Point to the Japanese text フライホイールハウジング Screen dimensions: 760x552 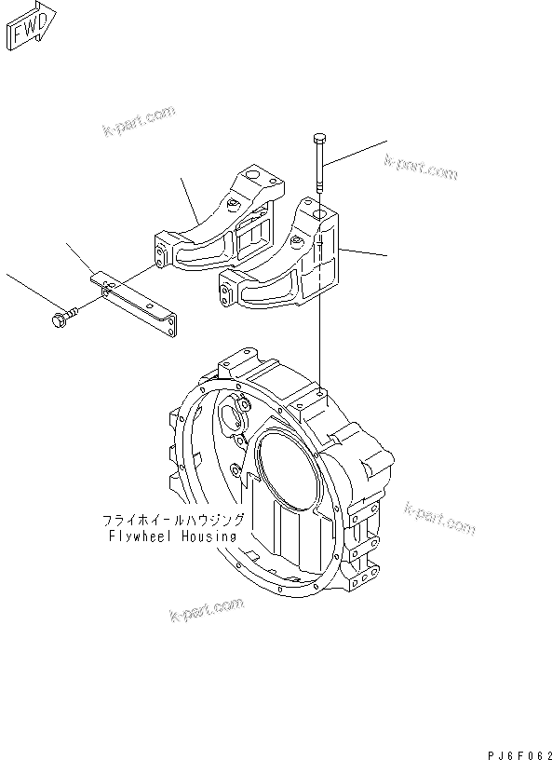pyautogui.click(x=171, y=520)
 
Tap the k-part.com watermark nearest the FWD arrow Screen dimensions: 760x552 pyautogui.click(x=139, y=121)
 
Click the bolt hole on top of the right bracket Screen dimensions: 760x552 pyautogui.click(x=319, y=215)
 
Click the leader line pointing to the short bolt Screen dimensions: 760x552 pyautogui.click(x=29, y=293)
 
